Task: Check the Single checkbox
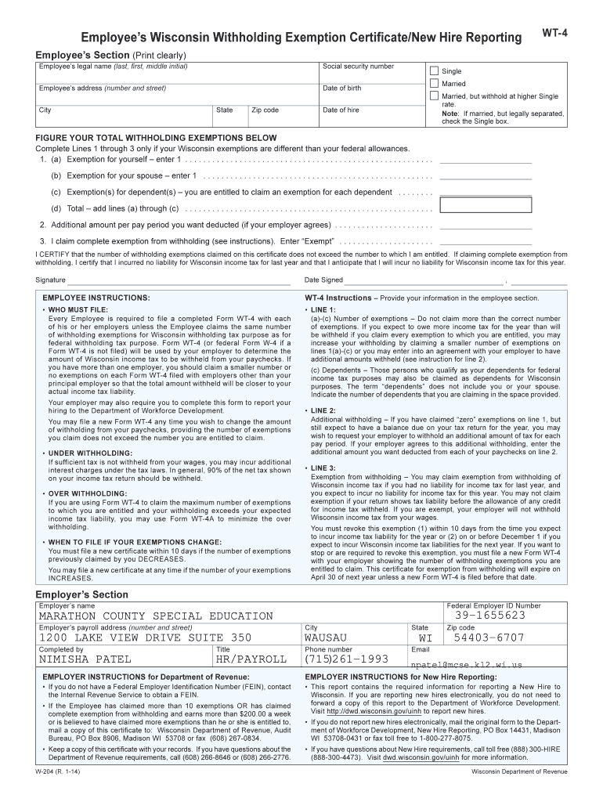(434, 70)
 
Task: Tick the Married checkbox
(434, 83)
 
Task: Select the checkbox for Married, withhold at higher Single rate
(434, 96)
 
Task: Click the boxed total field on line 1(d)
(486, 205)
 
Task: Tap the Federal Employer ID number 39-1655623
(489, 616)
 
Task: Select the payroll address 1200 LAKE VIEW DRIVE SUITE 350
(146, 638)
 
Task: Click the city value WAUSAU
(330, 638)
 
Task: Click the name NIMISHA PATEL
(85, 660)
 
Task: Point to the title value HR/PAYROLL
(251, 660)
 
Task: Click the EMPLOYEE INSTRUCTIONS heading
(96, 298)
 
